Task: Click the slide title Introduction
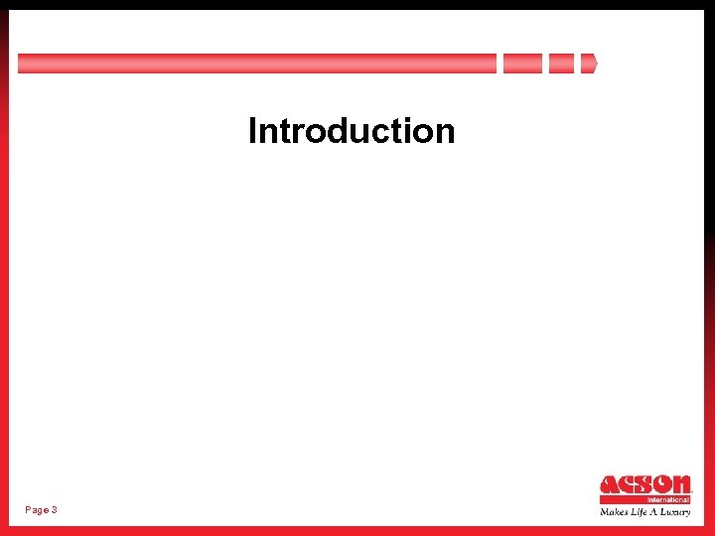pos(352,131)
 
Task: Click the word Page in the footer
pos(37,509)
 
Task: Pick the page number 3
pos(54,509)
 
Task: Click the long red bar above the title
pos(256,64)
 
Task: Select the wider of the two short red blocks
pos(522,64)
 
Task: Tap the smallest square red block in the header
pos(561,64)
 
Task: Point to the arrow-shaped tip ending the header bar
pos(589,64)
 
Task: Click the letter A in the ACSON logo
pos(610,485)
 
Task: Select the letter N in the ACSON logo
pos(681,485)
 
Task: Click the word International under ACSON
pos(668,499)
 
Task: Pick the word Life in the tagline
pos(638,512)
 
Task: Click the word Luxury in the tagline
pos(675,512)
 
